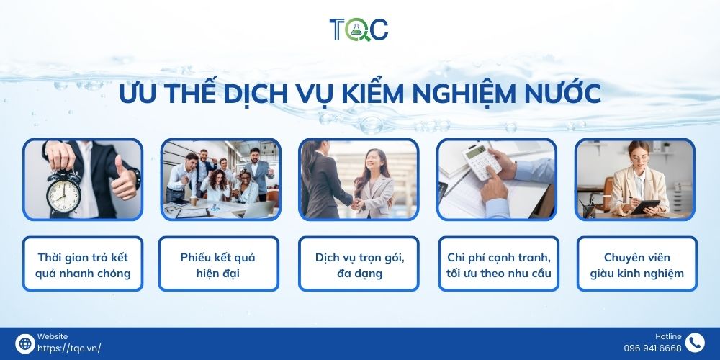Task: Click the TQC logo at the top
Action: click(x=359, y=29)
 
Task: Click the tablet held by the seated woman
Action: click(x=645, y=207)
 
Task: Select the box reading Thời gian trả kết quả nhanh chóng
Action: click(x=83, y=264)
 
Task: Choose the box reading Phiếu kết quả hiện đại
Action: click(x=218, y=264)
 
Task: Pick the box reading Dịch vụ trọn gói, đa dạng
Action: click(x=359, y=264)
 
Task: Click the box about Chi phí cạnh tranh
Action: click(x=498, y=264)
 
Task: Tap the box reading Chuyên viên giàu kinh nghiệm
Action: click(x=636, y=264)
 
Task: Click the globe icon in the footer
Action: click(x=24, y=343)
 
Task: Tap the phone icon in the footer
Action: click(x=694, y=343)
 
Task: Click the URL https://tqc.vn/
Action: click(x=69, y=348)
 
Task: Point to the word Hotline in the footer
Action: click(x=668, y=336)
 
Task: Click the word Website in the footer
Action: click(x=53, y=336)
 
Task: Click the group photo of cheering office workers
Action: click(x=220, y=180)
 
